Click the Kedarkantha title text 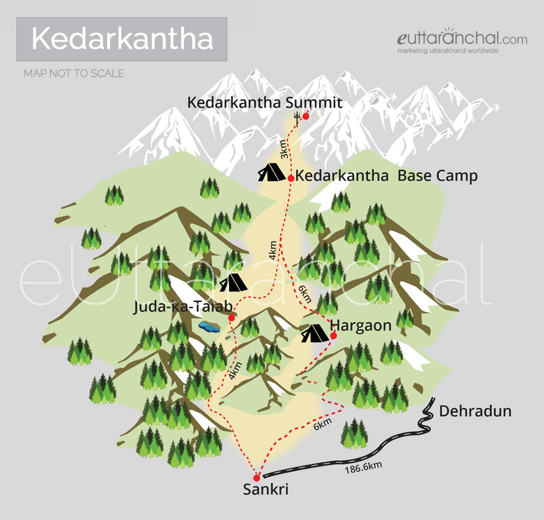click(122, 39)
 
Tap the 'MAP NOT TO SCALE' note click(74, 73)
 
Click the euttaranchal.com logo click(462, 41)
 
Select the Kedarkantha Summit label click(265, 103)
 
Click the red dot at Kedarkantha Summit click(305, 116)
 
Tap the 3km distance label click(284, 150)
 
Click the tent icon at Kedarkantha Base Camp click(272, 172)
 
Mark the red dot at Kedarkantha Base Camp click(291, 178)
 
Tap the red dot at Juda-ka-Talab click(231, 318)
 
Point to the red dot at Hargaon click(333, 336)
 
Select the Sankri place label click(265, 490)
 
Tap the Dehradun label click(475, 411)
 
